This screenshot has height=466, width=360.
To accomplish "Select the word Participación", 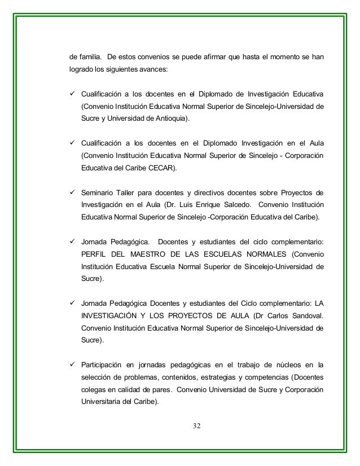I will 104,362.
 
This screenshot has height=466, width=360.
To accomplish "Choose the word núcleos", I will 287,362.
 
